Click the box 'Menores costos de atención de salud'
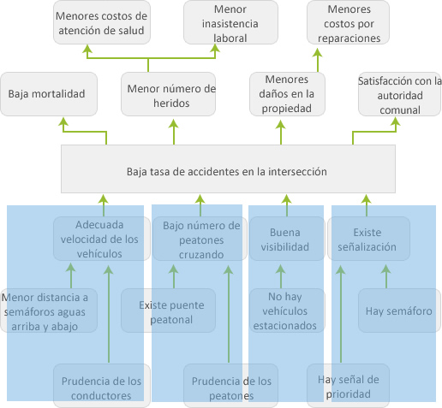tap(102, 22)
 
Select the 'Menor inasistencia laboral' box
tap(230, 22)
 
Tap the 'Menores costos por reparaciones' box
tap(348, 22)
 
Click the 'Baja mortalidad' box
tap(49, 94)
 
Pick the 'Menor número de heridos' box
tap(168, 94)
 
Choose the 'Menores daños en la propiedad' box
tap(287, 94)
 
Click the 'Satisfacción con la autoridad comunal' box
tap(399, 94)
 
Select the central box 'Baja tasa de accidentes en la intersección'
tap(228, 169)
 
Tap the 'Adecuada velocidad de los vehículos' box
tap(102, 239)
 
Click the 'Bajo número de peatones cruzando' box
tap(200, 239)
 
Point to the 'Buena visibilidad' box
tap(287, 239)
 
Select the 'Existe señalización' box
tap(368, 239)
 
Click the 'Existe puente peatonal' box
tap(168, 310)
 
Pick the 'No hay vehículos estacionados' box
tap(287, 310)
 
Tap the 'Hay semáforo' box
tap(399, 310)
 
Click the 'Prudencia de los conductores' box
tap(102, 386)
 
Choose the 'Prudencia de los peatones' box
tap(230, 386)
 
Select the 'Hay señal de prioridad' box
tap(348, 386)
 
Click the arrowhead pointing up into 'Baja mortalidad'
tap(63, 121)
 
